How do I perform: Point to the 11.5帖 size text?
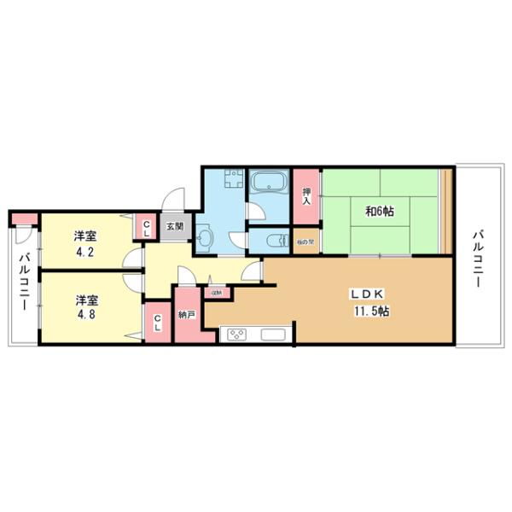[x=370, y=311]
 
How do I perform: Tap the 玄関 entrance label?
[x=173, y=227]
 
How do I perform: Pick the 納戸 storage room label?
[x=188, y=314]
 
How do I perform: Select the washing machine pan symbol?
[x=226, y=182]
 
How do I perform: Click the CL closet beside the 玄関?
[x=145, y=228]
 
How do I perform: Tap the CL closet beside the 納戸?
[x=158, y=323]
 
